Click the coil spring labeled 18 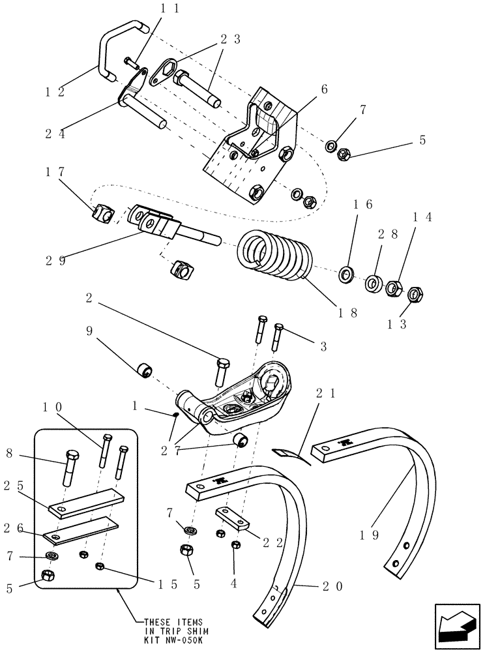(x=274, y=257)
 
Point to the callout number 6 (x=324, y=89)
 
